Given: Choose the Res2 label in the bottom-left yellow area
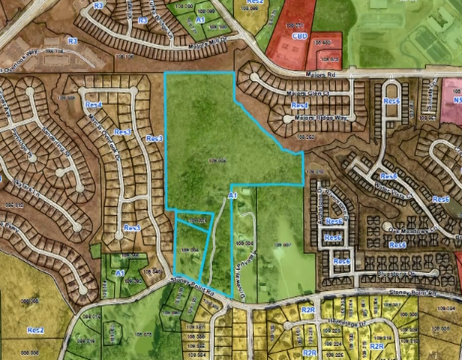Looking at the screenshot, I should [36, 330].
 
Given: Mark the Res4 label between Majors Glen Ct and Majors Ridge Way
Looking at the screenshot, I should [299, 106].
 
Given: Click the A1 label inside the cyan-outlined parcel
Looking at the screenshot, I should [232, 196].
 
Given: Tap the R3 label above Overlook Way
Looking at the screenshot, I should [73, 40].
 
